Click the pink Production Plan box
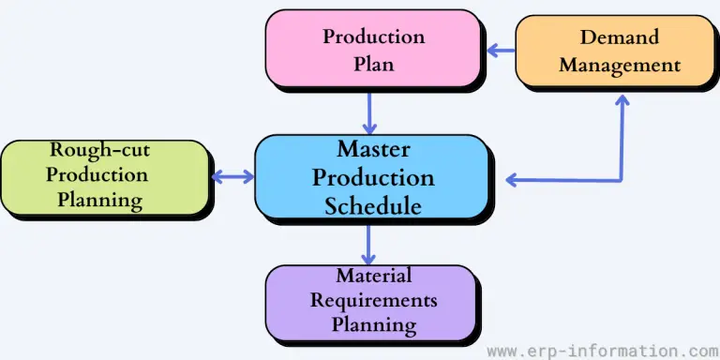(x=373, y=52)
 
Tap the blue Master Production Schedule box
(x=372, y=177)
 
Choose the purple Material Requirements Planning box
(x=372, y=302)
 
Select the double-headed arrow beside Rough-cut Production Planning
(x=232, y=176)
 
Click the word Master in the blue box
(x=373, y=149)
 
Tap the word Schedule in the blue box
(x=373, y=205)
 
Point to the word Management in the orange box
(x=620, y=66)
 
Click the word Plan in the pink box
(x=373, y=66)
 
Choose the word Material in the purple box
(x=373, y=277)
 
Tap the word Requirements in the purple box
(x=373, y=301)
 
